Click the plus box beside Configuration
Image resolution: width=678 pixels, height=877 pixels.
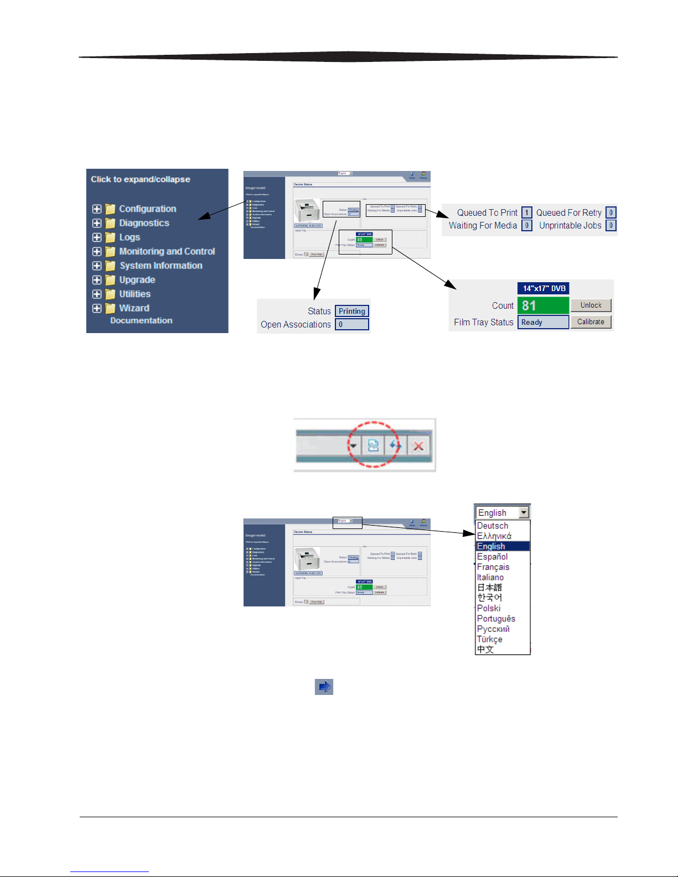(97, 209)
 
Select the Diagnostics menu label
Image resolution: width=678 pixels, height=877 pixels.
(144, 223)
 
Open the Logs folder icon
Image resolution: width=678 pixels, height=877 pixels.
(111, 237)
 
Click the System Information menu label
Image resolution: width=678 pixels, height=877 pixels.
(161, 266)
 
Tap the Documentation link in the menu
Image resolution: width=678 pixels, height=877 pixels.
(141, 320)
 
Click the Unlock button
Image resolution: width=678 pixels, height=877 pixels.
(591, 305)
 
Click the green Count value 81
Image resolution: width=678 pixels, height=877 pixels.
(543, 305)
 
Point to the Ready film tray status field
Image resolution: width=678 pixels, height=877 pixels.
(543, 322)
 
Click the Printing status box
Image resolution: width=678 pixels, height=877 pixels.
(352, 311)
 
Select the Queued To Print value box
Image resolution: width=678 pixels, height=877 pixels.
(526, 212)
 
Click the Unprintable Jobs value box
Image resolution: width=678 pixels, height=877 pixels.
(610, 225)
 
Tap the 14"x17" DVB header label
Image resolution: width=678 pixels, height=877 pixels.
(544, 288)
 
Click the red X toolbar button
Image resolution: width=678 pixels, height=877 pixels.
(418, 446)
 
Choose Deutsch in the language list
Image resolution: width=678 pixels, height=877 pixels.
(493, 526)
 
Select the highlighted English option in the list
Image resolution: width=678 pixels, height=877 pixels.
(491, 546)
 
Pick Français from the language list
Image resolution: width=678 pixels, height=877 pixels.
(493, 567)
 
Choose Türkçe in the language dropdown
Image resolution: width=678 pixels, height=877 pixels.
(490, 639)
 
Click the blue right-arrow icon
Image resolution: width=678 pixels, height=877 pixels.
(324, 687)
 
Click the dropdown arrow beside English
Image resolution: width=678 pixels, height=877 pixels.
(524, 513)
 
